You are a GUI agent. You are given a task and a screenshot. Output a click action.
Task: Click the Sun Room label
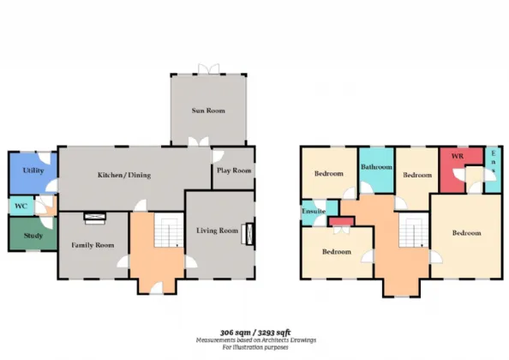click(208, 111)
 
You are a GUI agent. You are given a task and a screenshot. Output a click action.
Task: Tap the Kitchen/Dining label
click(124, 175)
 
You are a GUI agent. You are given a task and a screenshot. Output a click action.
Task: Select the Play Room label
click(234, 171)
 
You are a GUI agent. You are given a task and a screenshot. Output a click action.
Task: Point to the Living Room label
click(217, 231)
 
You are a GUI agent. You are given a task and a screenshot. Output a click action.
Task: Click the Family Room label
click(93, 245)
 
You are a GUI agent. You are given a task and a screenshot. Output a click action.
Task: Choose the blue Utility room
click(33, 173)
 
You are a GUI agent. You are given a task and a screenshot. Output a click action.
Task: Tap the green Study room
click(33, 234)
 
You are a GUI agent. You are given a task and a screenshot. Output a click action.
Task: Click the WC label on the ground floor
click(21, 206)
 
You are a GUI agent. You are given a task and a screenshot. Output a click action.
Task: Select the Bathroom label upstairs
click(376, 167)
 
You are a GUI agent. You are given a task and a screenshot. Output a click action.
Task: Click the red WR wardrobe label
click(458, 156)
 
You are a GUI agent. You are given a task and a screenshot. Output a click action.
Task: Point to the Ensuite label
click(314, 211)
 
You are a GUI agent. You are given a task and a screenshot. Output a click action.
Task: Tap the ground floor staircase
click(169, 230)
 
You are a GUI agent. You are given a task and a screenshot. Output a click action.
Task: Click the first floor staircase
click(414, 230)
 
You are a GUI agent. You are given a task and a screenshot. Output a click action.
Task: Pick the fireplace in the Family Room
click(95, 218)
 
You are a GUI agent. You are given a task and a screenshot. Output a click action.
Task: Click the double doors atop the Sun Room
click(209, 69)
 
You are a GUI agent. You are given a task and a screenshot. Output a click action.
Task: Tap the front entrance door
click(157, 288)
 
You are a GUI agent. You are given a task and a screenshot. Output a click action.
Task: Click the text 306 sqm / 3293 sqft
click(255, 333)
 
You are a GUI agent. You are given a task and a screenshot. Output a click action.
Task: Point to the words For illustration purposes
click(255, 347)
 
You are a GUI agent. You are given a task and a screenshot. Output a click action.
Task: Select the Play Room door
click(218, 156)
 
